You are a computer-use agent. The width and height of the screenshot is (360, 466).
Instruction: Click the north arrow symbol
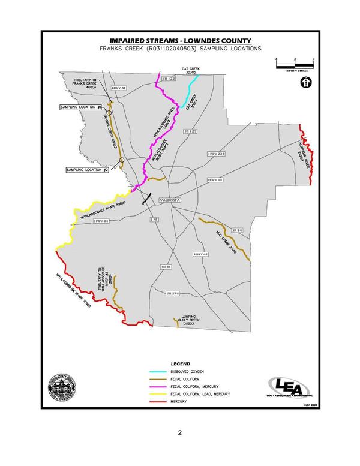pos(305,82)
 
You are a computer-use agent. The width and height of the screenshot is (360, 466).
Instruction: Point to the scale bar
pos(295,62)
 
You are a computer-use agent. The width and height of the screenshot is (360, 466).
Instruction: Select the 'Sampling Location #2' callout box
pos(88,170)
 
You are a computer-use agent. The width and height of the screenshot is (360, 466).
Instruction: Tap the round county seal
pos(62,389)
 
